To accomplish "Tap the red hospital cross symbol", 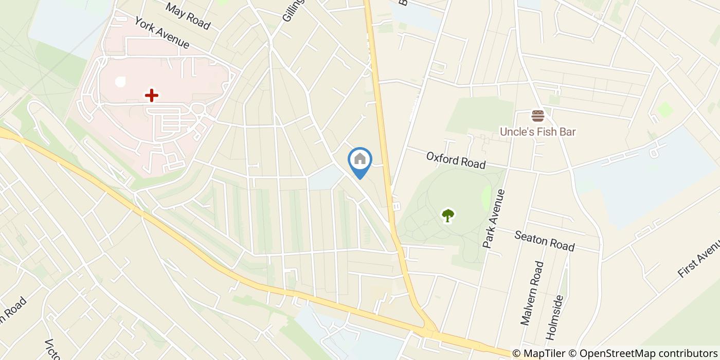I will pos(151,95).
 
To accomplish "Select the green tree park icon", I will pos(448,215).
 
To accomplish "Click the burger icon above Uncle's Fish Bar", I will pos(538,116).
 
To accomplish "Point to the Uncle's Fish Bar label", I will pos(537,132).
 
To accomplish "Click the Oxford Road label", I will pos(456,160).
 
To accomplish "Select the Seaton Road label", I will pos(545,241).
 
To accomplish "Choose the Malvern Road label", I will pos(532,293).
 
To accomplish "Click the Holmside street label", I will pos(555,317).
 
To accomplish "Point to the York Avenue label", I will pos(162,33).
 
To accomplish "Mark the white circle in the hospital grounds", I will pos(120,81).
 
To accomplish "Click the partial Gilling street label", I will pos(294,10).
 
